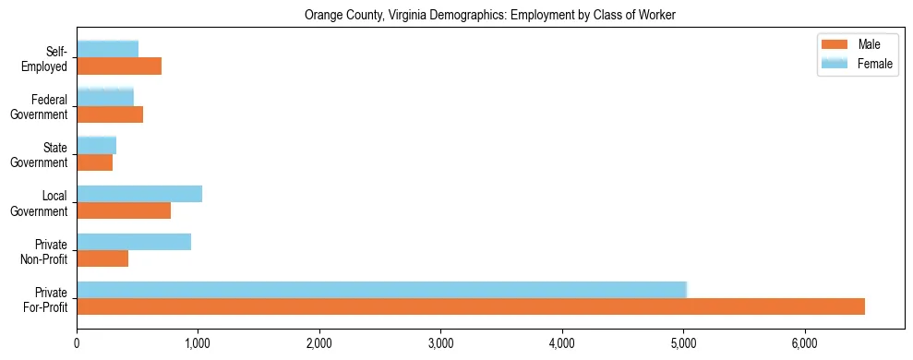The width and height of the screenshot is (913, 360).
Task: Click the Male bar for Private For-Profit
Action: point(471,306)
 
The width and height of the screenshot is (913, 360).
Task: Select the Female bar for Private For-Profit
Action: point(381,290)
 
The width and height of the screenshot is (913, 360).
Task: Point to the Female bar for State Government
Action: point(97,146)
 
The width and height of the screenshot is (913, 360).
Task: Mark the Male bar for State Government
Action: point(95,162)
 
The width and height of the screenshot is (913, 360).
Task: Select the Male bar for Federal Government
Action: point(110,114)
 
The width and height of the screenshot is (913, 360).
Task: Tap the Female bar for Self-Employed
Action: point(108,50)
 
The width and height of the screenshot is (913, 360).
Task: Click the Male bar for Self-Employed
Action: point(119,66)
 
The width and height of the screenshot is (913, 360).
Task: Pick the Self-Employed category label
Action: point(49,58)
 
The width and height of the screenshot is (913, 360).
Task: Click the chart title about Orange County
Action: point(490,15)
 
